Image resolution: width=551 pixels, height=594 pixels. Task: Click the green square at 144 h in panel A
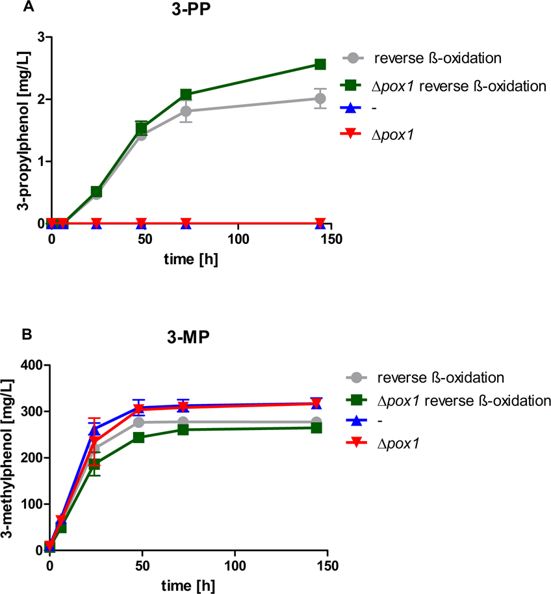pos(320,64)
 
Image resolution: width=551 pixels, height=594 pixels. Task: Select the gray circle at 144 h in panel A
pos(320,98)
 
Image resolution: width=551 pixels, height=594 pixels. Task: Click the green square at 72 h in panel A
pos(186,95)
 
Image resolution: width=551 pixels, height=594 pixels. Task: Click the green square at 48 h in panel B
pos(138,437)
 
